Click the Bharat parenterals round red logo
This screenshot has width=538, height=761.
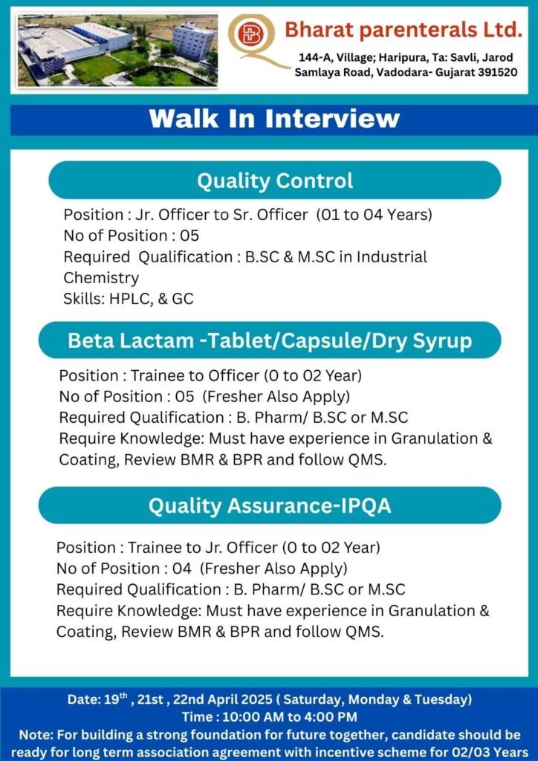pos(249,34)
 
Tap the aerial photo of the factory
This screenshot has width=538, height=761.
pos(117,51)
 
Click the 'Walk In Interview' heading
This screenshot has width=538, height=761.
pos(274,119)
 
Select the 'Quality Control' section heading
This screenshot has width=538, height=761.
pos(275,181)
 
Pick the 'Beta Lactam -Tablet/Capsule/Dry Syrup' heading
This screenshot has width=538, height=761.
pos(270,340)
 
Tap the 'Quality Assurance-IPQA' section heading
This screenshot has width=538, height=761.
pos(270,505)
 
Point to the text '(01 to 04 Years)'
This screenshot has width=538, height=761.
pos(374,215)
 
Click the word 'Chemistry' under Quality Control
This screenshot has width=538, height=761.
pos(101,278)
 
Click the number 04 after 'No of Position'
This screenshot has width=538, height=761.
pos(182,569)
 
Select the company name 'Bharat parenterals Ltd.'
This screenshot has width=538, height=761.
pos(403,30)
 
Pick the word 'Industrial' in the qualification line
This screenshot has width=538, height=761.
pos(392,256)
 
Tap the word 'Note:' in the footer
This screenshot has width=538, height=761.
pos(34,735)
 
